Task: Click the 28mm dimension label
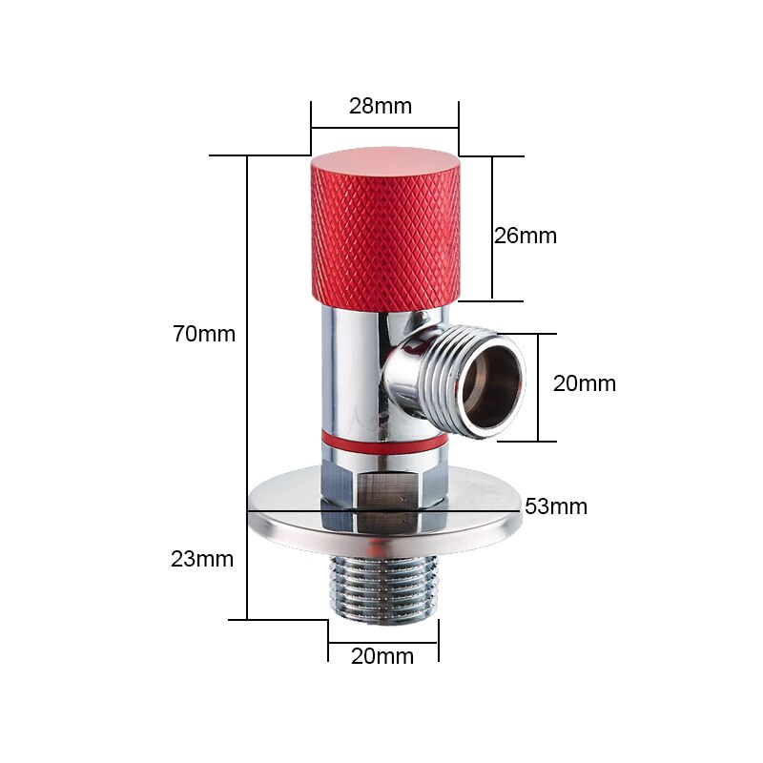click(x=381, y=106)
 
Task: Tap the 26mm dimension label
click(x=525, y=236)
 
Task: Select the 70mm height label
click(x=204, y=334)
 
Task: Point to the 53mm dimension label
click(x=556, y=506)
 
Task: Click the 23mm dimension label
click(x=202, y=559)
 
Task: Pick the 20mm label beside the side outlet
click(x=585, y=383)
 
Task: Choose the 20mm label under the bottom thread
click(x=382, y=656)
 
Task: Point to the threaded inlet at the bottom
click(x=383, y=587)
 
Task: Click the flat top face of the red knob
click(x=384, y=157)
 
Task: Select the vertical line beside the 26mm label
click(x=492, y=229)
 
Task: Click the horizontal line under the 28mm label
click(x=384, y=128)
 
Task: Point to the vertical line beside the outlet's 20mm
click(x=538, y=386)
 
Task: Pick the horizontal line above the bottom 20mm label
click(x=383, y=642)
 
